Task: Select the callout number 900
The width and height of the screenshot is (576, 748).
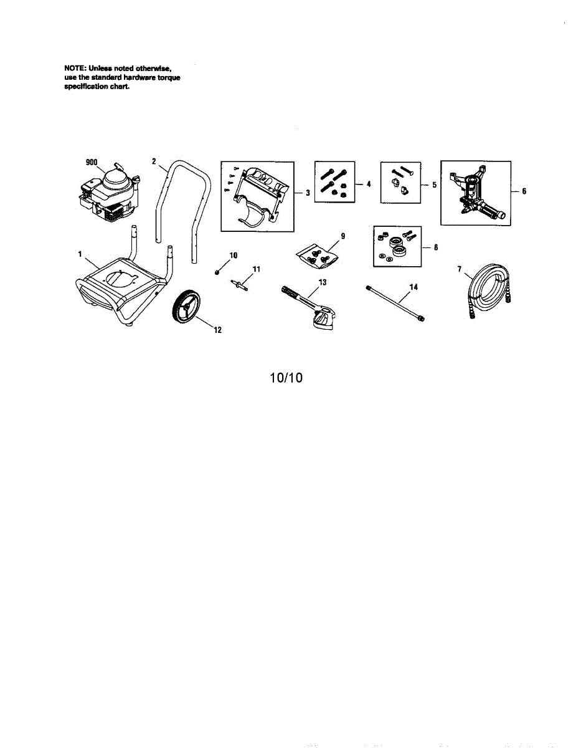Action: click(x=92, y=162)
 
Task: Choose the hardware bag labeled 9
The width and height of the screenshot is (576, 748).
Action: click(x=317, y=256)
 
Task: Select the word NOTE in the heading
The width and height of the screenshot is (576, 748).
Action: click(x=75, y=67)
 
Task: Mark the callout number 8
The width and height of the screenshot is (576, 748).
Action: click(x=435, y=247)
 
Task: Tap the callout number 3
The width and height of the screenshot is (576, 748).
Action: click(x=308, y=193)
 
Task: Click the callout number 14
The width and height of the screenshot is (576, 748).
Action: click(x=413, y=287)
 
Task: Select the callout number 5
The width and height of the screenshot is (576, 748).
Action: click(x=434, y=185)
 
